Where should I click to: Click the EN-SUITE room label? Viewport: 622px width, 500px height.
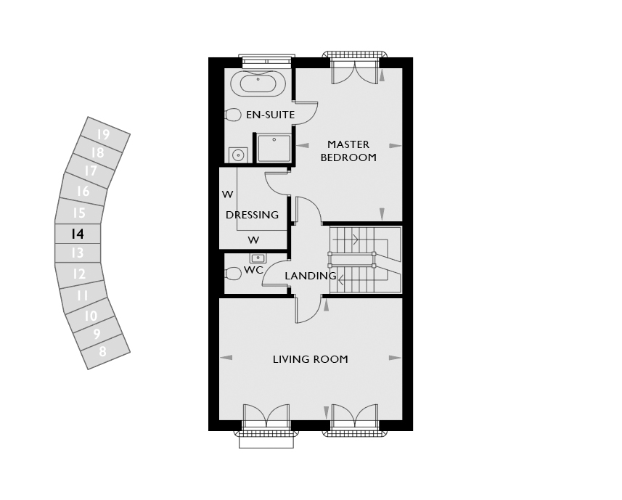270,115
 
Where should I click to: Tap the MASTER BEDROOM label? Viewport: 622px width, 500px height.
348,151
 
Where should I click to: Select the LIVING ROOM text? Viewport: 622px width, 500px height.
310,359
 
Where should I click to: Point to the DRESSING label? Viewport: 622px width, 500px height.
252,215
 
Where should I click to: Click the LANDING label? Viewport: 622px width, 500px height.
310,276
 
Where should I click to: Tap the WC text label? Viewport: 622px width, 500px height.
253,270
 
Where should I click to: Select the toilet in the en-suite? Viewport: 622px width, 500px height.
233,115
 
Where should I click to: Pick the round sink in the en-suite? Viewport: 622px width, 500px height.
238,155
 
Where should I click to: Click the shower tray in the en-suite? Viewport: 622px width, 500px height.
274,148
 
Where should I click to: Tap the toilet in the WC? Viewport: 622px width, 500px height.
233,274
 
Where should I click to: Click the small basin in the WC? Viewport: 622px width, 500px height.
258,258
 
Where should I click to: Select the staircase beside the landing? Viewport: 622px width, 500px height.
365,260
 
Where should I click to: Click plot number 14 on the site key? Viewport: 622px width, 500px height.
78,234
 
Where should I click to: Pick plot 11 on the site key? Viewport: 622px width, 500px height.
83,295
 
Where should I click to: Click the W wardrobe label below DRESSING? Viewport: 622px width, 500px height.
253,240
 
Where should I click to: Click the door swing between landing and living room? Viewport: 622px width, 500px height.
308,309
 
